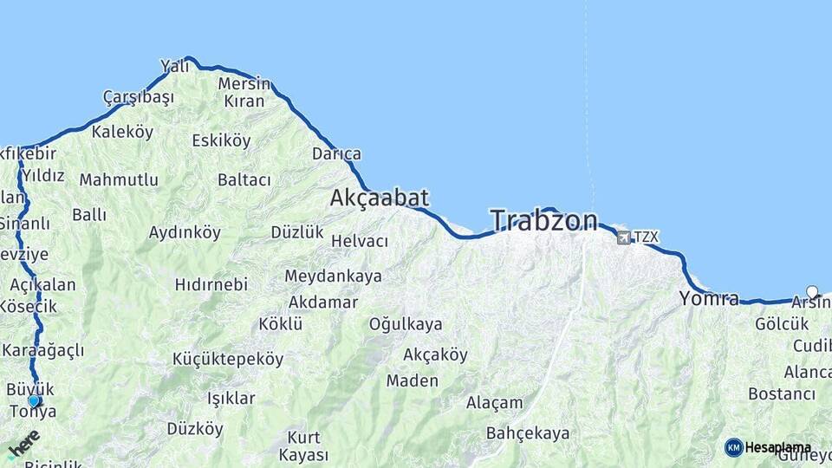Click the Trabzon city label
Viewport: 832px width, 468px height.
click(x=543, y=221)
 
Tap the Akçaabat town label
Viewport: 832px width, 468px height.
click(x=379, y=198)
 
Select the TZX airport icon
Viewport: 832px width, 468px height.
click(x=623, y=237)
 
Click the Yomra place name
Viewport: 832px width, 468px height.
click(x=710, y=299)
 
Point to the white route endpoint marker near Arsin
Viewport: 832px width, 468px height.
click(x=812, y=292)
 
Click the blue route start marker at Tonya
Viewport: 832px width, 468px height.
click(x=34, y=400)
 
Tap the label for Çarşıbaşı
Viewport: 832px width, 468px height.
click(x=138, y=96)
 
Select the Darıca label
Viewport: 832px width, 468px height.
click(x=336, y=154)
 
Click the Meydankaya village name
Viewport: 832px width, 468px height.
click(x=334, y=276)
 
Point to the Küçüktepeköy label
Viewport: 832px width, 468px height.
click(x=228, y=359)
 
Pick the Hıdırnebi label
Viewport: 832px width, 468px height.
click(x=211, y=284)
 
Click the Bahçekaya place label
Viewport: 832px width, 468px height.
click(x=528, y=432)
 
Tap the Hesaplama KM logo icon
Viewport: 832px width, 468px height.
click(x=734, y=447)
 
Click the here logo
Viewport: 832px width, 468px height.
click(x=23, y=444)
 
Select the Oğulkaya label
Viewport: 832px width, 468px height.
click(x=406, y=324)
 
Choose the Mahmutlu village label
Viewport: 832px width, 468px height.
click(x=119, y=180)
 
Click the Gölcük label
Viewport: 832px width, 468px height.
click(x=782, y=324)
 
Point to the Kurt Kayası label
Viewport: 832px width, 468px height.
click(x=303, y=445)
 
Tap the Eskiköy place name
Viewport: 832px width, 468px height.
click(x=221, y=140)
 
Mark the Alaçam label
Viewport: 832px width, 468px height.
click(x=495, y=402)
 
